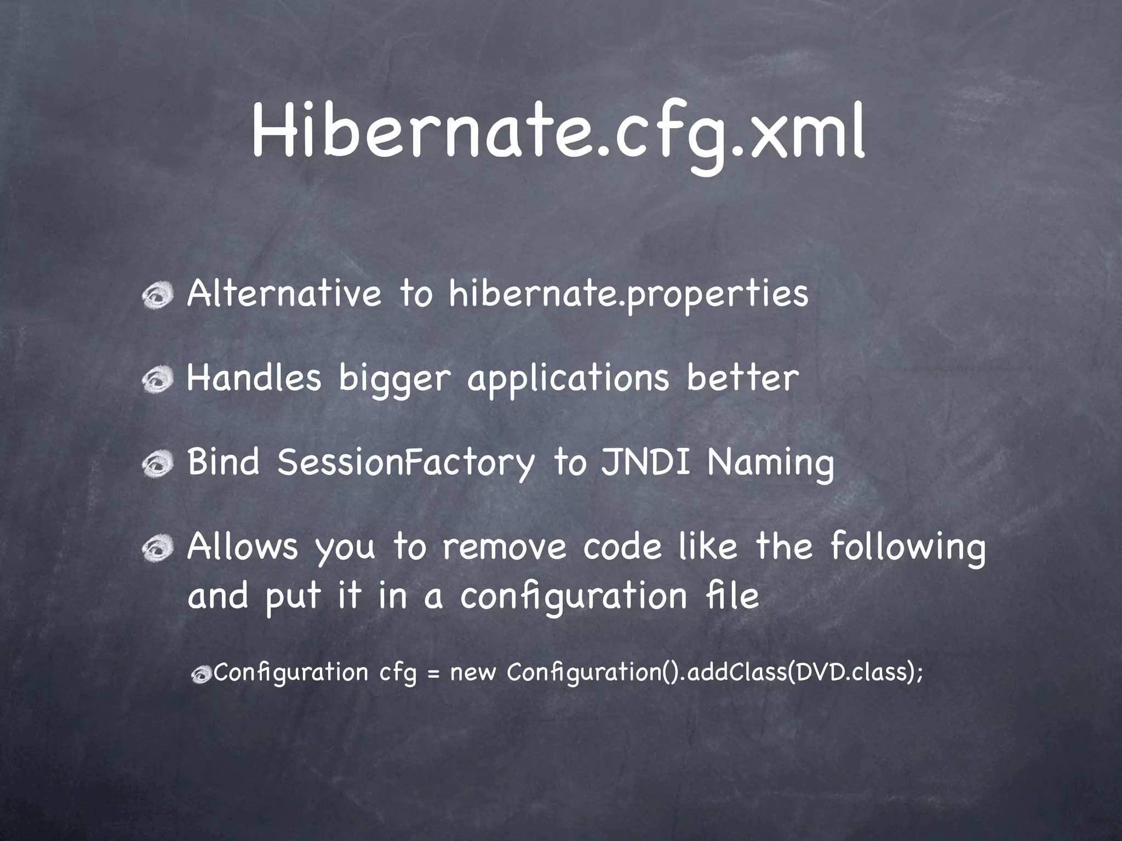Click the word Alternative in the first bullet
tap(284, 293)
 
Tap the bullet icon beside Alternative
tap(158, 296)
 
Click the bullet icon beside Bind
tap(158, 464)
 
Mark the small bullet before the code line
tap(202, 675)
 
